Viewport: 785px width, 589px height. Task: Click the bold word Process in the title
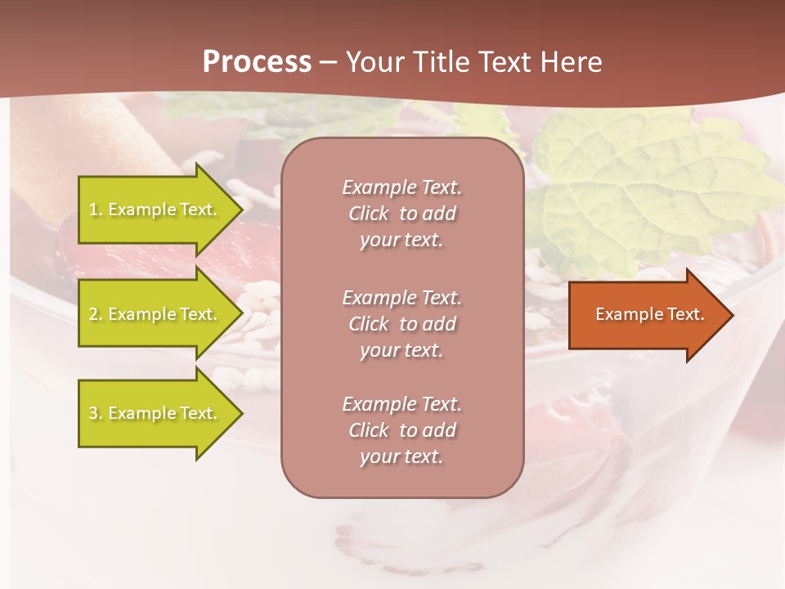(257, 62)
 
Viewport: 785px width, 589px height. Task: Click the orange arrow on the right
(646, 315)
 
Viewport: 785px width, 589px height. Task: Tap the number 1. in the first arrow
(96, 209)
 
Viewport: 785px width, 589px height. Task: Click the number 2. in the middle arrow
(96, 314)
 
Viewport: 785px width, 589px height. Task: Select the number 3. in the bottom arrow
(96, 413)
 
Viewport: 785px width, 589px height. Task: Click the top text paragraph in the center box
(402, 214)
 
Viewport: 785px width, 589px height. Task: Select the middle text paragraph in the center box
(402, 324)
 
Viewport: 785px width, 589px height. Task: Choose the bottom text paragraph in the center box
(402, 430)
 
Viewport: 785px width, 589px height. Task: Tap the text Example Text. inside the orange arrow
(650, 314)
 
